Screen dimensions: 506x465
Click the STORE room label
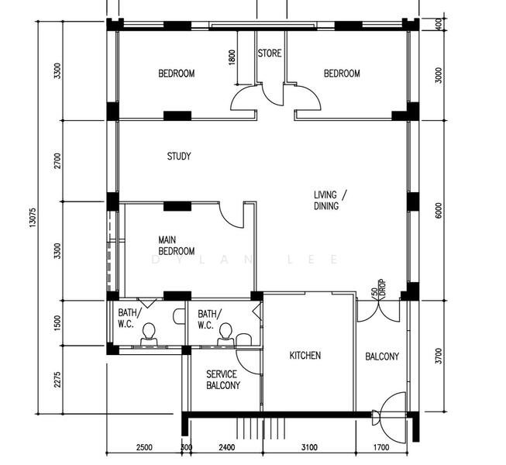pos(270,53)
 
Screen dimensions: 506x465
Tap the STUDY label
pos(179,157)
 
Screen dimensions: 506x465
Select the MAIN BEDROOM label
pos(177,246)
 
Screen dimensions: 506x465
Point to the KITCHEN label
pos(305,356)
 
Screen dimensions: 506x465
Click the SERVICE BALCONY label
pos(223,380)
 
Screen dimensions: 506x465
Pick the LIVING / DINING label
pos(330,201)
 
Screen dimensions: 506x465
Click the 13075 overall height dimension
pos(33,218)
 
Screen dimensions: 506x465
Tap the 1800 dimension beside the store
pos(232,57)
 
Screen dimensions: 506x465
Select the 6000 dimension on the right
pos(439,211)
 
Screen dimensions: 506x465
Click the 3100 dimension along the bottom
pos(309,448)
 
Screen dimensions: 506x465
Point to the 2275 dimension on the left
pos(57,380)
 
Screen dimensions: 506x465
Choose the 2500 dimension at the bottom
pos(144,448)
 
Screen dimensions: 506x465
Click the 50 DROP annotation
pos(378,289)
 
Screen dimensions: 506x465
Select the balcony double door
pos(379,311)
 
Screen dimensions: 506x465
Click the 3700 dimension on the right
pos(439,356)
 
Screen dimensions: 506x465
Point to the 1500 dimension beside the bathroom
pos(57,323)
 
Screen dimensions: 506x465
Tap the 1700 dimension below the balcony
pos(381,448)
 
